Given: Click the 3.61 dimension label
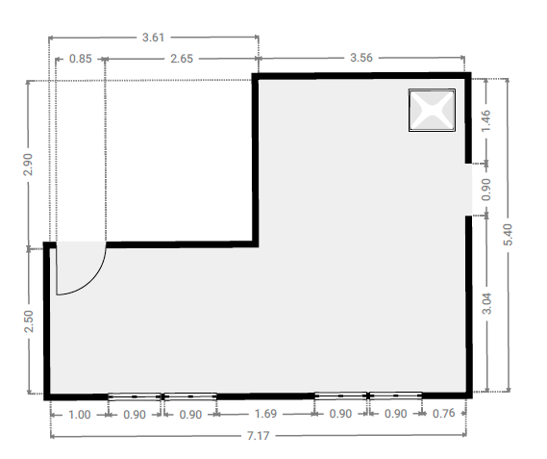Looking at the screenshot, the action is coord(153,37).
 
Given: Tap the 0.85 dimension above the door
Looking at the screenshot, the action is coord(80,59).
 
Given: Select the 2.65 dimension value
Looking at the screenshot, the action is coord(182,59).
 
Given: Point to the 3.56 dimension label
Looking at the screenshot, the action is coord(361,58).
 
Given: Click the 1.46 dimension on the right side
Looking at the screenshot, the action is coord(486,120).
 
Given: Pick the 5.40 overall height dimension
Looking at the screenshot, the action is coord(508,235).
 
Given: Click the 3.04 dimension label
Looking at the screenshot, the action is coord(487,303).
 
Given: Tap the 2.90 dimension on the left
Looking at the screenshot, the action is coord(28,165).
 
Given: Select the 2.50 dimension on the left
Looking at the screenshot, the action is coord(28,321).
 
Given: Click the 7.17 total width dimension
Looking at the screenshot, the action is coord(259,436).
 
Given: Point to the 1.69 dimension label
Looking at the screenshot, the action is coord(266,414).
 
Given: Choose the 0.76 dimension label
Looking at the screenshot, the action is coord(444,414).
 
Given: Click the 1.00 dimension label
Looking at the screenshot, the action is coord(80,415).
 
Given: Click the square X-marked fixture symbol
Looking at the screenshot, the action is coord(432,111).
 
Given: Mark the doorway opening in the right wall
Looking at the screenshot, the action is coord(469,190).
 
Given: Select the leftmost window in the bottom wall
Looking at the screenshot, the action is coord(135,396).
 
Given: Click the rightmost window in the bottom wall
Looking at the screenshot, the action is coord(396,395).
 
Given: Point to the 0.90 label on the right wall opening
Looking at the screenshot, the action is coord(486,190).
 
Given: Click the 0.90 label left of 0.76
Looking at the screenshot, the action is coord(396,414).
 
